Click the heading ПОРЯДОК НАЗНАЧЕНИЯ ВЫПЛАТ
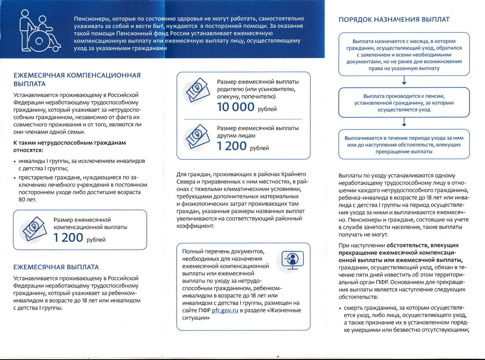pyautogui.click(x=394, y=19)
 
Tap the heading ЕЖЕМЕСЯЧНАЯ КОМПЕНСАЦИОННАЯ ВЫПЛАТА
pyautogui.click(x=77, y=79)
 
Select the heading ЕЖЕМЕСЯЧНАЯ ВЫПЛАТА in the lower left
pyautogui.click(x=56, y=267)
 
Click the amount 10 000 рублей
pyautogui.click(x=236, y=107)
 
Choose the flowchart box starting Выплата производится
pyautogui.click(x=404, y=103)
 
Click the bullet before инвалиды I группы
pyautogui.click(x=15, y=161)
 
